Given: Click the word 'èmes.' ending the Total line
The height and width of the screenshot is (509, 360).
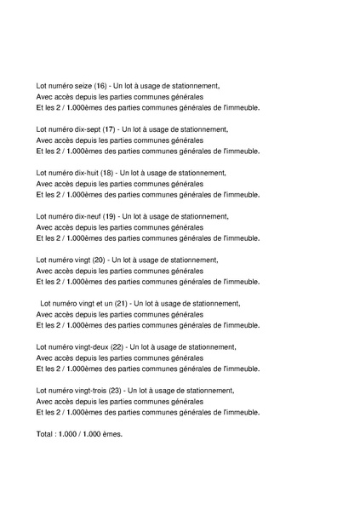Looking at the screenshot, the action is (x=112, y=434).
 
